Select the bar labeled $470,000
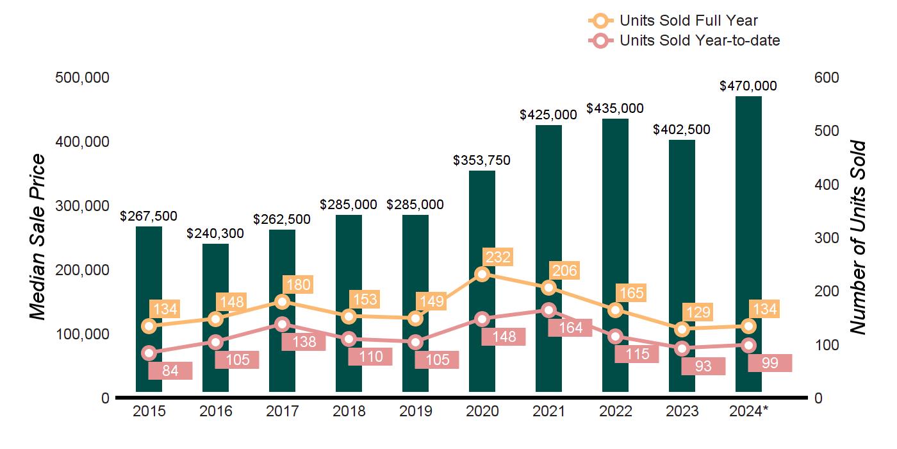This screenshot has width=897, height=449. [x=748, y=244]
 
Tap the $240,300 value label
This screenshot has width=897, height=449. [x=215, y=233]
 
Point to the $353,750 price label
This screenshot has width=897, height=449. [x=482, y=160]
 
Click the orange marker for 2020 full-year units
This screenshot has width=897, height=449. [x=482, y=275]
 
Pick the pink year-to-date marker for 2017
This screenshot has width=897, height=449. [x=283, y=325]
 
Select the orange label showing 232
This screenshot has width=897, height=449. [x=498, y=257]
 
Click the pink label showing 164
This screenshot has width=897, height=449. [x=570, y=328]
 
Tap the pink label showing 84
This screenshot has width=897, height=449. [x=170, y=371]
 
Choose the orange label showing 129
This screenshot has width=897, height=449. [x=698, y=312]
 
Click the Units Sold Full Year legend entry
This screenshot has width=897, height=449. [x=673, y=21]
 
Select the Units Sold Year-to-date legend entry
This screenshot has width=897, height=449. [x=684, y=40]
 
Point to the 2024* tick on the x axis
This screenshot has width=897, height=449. [x=748, y=411]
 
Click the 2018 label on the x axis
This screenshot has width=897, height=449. [x=349, y=411]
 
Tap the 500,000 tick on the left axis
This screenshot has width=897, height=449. [x=82, y=78]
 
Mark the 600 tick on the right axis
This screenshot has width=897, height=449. [x=827, y=78]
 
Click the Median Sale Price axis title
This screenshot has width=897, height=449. [x=38, y=237]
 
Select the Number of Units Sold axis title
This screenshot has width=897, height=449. [x=858, y=238]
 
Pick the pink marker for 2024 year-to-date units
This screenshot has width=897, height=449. [x=749, y=345]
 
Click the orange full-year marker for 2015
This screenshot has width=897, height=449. [x=149, y=326]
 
